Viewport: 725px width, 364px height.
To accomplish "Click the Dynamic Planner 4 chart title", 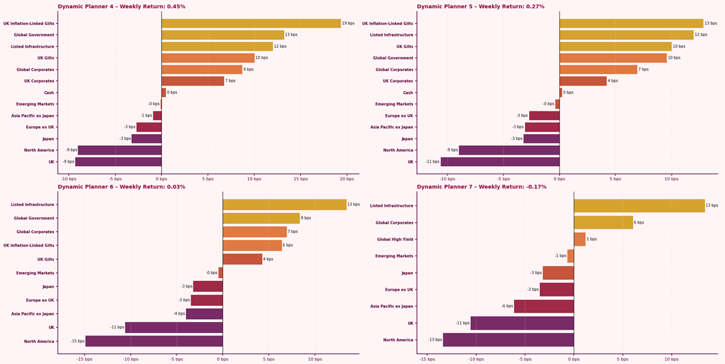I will (x=122, y=7).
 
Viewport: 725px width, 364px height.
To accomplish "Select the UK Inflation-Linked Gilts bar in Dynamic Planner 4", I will (x=251, y=24).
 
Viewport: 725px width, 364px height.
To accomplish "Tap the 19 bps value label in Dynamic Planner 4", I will (x=348, y=24).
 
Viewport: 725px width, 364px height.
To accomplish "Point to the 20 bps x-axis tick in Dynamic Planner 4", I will (x=347, y=179).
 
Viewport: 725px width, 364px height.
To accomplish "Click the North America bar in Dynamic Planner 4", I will (x=120, y=150).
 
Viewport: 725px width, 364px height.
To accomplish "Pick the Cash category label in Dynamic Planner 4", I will (x=48, y=93).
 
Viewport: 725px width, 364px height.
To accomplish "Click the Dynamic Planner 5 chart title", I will (x=480, y=7).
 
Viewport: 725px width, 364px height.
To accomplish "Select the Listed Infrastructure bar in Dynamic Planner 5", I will (x=626, y=35).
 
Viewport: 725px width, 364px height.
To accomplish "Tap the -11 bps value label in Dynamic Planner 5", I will (x=432, y=162).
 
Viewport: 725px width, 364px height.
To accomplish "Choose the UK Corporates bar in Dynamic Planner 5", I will (x=583, y=81).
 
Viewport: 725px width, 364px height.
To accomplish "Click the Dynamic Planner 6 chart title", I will (x=122, y=187).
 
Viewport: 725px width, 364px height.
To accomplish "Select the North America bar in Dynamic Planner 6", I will (x=154, y=341).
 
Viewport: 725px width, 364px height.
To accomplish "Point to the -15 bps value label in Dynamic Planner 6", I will (x=78, y=342).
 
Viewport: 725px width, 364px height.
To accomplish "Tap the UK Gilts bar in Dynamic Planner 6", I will (x=243, y=259).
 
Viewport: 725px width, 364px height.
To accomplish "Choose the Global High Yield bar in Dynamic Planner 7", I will (x=580, y=239).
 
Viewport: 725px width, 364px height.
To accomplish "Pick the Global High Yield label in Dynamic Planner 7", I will (x=394, y=239).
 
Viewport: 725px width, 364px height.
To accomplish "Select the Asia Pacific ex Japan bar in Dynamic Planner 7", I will (x=544, y=306).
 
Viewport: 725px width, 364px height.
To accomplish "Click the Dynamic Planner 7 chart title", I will (x=482, y=187).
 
